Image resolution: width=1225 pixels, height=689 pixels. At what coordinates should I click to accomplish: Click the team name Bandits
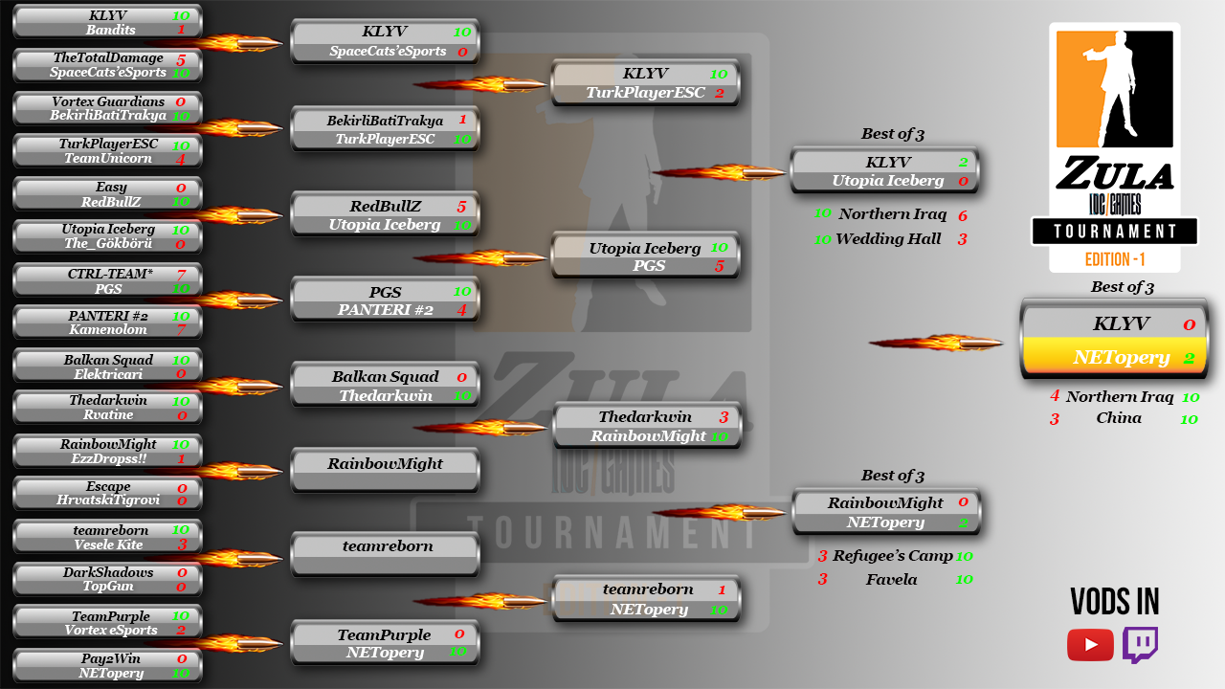pos(110,30)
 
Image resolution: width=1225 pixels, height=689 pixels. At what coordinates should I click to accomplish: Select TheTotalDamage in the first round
pos(108,58)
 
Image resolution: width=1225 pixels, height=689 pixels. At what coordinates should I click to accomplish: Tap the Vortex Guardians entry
pos(108,101)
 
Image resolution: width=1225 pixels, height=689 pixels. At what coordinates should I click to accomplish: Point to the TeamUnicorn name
pos(108,158)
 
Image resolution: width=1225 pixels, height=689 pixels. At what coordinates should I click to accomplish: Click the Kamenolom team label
pos(108,329)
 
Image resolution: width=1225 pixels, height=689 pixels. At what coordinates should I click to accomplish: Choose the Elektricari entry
pos(108,374)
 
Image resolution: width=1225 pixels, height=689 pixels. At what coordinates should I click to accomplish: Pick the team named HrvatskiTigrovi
pos(108,500)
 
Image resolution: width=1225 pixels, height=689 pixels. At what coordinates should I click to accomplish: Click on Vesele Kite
pos(108,545)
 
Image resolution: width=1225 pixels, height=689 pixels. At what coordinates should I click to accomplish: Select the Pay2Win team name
pos(108,658)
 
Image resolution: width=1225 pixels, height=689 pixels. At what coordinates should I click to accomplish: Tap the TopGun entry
pos(108,587)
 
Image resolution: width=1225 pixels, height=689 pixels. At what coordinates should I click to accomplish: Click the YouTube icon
pos(1090,645)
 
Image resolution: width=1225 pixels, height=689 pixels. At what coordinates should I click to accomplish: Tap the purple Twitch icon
pos(1140,645)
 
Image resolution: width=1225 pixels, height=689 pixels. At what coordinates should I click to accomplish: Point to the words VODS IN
pos(1115,602)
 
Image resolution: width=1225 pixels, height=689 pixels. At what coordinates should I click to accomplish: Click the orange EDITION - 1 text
pos(1115,259)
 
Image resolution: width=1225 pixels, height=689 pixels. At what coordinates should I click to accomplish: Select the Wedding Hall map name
pos(888,239)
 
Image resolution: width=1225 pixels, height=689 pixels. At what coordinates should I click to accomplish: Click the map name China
pos(1119,418)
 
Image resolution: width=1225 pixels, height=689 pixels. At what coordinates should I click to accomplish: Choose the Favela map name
pos(891,579)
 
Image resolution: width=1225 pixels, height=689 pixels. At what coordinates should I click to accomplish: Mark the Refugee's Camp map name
pos(892,556)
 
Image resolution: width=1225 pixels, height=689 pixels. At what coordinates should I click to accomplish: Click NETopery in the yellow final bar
pos(1108,357)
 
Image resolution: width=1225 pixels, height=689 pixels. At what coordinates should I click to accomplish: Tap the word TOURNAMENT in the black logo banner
pos(1115,232)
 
